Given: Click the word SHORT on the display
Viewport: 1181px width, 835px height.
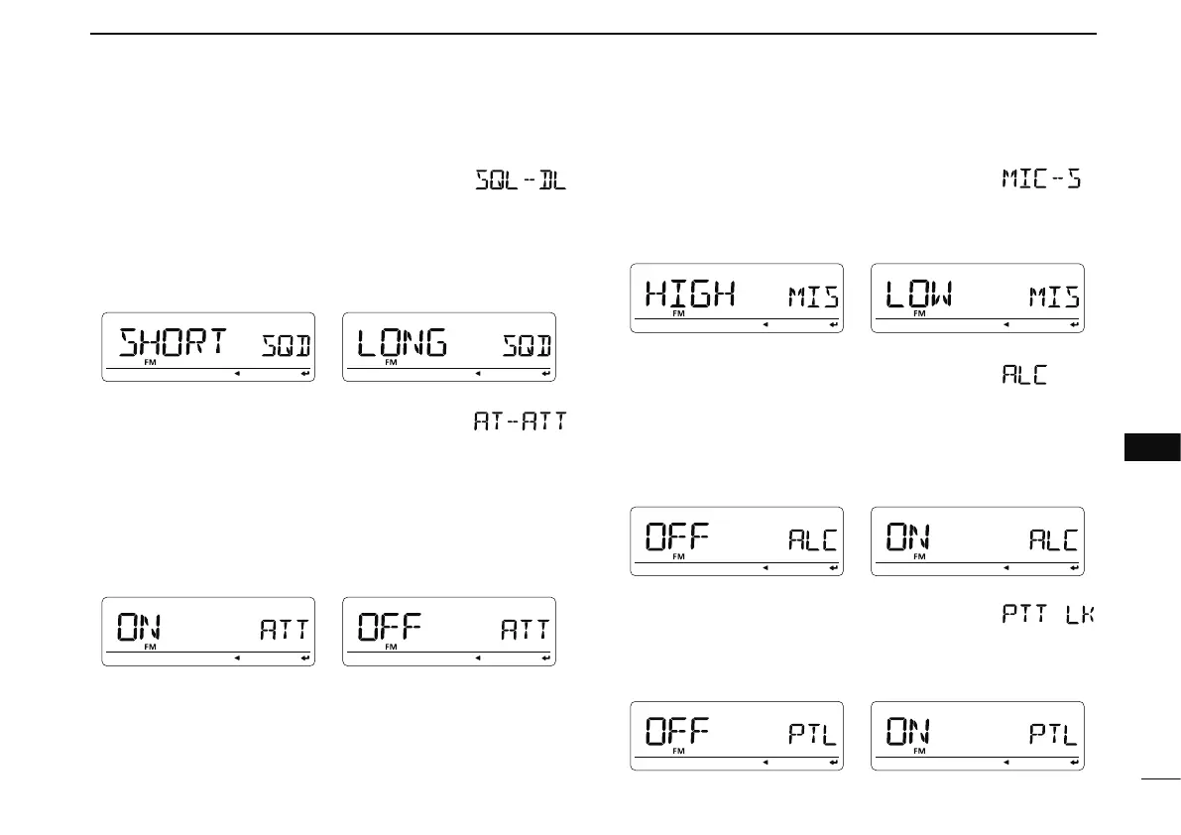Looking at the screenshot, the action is (x=174, y=343).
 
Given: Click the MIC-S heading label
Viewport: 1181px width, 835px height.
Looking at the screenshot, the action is (x=1041, y=180).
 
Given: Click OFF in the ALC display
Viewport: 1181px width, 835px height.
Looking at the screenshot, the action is (x=678, y=538).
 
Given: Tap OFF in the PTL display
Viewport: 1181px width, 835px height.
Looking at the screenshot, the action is (x=678, y=734).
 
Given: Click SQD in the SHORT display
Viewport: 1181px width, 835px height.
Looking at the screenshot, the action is (x=287, y=347).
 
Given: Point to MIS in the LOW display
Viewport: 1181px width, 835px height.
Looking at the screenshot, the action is (x=1054, y=297).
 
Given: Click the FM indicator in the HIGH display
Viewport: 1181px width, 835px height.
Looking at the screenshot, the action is (x=679, y=313).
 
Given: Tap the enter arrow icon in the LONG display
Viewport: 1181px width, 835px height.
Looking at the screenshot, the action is (x=545, y=374).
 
